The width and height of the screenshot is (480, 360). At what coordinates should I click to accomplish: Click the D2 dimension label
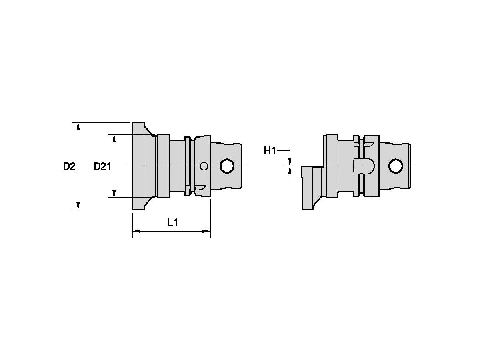point(69,166)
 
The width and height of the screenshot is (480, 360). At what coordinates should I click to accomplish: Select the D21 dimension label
point(102,166)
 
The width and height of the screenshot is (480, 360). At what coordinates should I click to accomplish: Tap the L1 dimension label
point(172,223)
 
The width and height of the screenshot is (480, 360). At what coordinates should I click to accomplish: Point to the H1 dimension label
point(270,151)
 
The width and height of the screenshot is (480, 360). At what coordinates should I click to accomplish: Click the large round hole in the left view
point(228,166)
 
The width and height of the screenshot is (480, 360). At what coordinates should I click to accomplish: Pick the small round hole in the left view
point(204,166)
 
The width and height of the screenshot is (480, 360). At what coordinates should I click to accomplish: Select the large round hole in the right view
point(396,166)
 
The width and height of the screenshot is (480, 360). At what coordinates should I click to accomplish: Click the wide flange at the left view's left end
point(138,166)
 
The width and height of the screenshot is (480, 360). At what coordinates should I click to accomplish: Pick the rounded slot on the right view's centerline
point(364,166)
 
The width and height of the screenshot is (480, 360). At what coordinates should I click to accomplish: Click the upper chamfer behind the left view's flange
point(150,132)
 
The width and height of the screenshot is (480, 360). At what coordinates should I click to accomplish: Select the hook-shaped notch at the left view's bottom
point(200,187)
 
